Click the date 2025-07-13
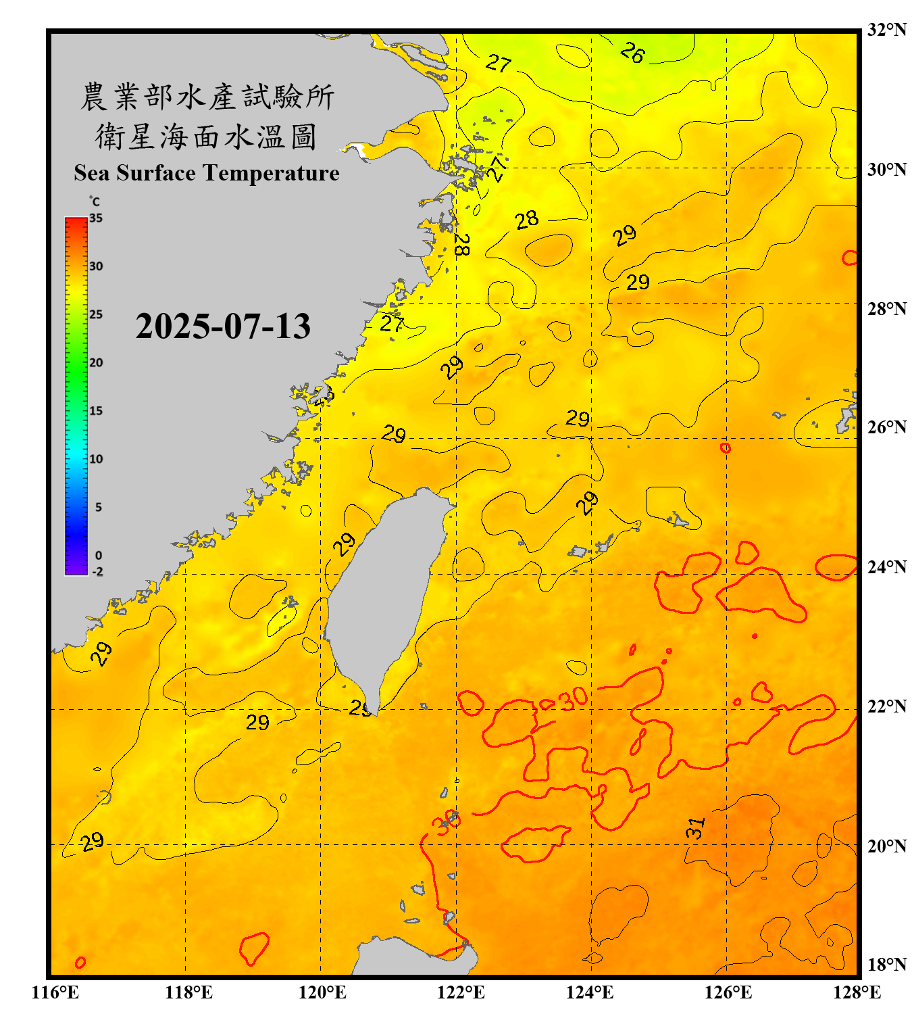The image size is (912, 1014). [x=223, y=327]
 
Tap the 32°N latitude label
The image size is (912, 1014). [x=886, y=30]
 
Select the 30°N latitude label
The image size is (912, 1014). [x=886, y=170]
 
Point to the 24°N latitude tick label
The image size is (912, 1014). [x=886, y=567]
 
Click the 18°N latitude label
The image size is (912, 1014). [x=886, y=965]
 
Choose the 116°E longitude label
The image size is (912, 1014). [x=55, y=992]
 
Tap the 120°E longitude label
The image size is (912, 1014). [x=322, y=992]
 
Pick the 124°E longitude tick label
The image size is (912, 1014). [x=590, y=992]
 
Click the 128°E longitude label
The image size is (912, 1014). [x=857, y=992]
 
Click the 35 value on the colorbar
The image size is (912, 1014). [x=96, y=218]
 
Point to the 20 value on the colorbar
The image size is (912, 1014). [x=96, y=363]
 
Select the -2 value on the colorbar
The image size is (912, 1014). [x=97, y=572]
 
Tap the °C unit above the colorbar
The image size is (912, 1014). [x=95, y=201]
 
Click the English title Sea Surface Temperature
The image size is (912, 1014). [x=207, y=173]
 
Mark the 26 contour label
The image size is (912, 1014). [x=633, y=52]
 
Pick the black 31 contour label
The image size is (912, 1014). [x=695, y=827]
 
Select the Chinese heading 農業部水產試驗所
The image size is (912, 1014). [x=207, y=97]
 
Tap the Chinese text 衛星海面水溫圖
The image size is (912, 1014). [x=206, y=137]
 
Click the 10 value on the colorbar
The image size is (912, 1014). [x=96, y=459]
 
